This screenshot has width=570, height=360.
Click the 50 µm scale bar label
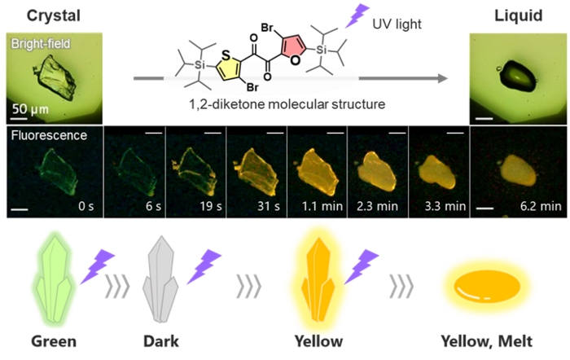pyautogui.click(x=28, y=108)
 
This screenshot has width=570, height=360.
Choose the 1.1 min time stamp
pyautogui.click(x=325, y=207)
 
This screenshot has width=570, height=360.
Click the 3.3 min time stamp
pyautogui.click(x=445, y=207)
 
